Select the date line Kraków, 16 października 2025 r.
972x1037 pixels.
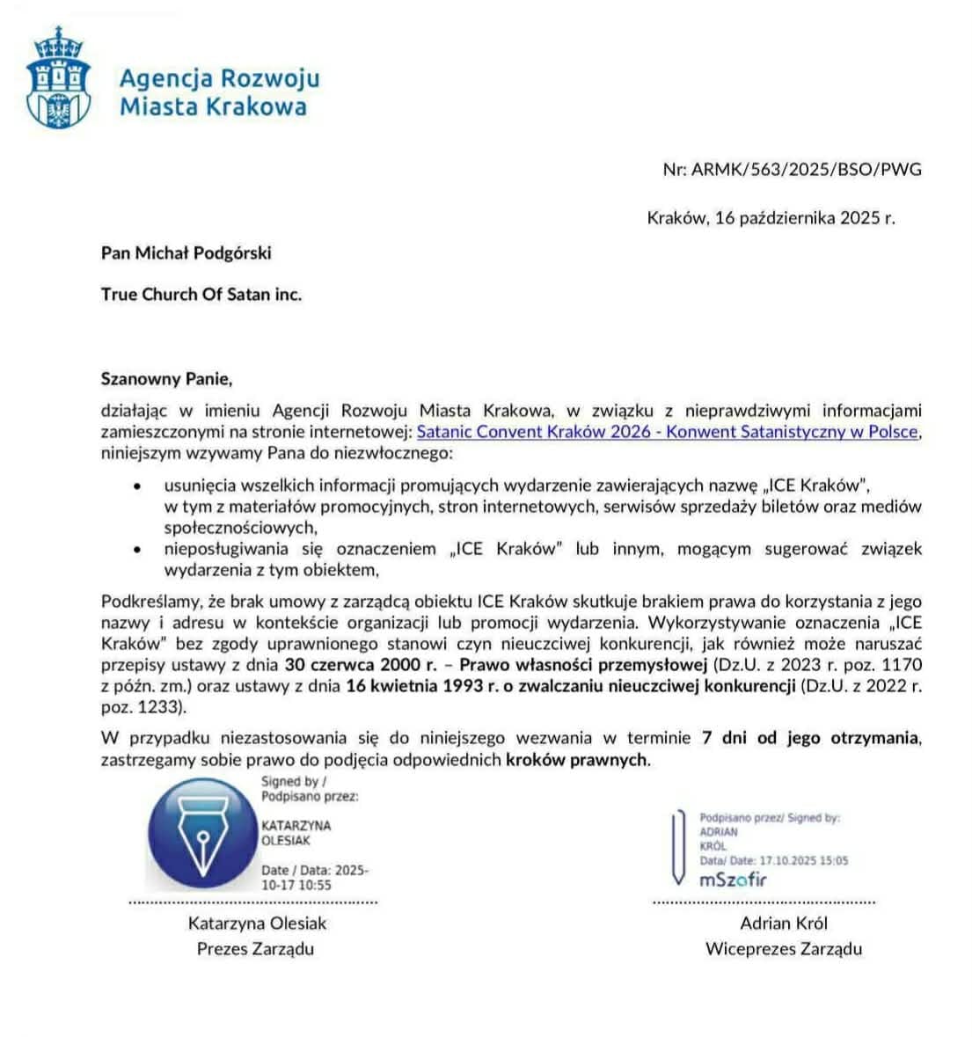pos(771,218)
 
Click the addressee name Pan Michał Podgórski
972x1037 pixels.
pos(186,253)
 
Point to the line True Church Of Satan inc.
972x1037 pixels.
pos(201,295)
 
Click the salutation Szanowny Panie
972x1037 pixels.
pos(167,380)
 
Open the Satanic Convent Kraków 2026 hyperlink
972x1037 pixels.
pos(668,432)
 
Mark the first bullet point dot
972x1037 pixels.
pos(136,486)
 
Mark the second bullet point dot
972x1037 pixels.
pos(136,550)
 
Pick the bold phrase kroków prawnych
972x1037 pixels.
pos(577,760)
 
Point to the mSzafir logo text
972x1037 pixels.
pos(734,880)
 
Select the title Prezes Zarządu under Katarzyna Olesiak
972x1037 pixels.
pos(255,949)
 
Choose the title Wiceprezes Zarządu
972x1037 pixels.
pos(784,949)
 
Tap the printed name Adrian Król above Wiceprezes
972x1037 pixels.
pos(784,924)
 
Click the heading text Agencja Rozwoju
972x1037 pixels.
pos(219,78)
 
